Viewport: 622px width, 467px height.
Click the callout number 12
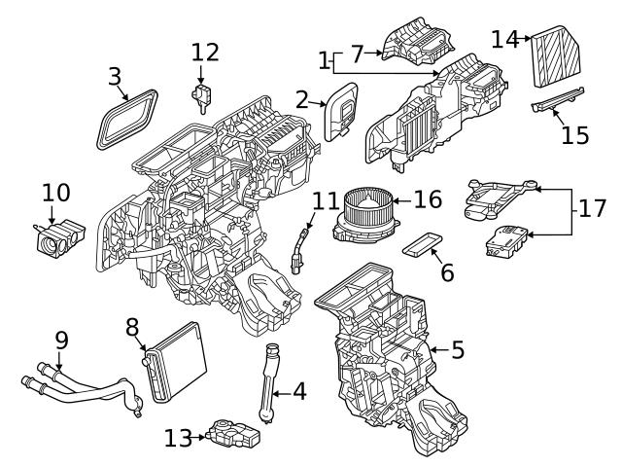point(205,52)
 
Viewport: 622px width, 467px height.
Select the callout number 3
point(115,75)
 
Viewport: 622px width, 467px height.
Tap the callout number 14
point(504,40)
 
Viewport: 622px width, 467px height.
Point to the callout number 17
point(593,208)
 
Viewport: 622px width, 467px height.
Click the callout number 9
point(61,341)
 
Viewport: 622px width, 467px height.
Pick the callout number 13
point(178,439)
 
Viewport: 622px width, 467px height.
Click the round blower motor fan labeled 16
point(364,210)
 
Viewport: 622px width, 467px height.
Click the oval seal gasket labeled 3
point(129,119)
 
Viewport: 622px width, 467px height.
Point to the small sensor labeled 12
point(202,94)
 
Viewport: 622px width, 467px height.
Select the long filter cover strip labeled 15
point(557,101)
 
